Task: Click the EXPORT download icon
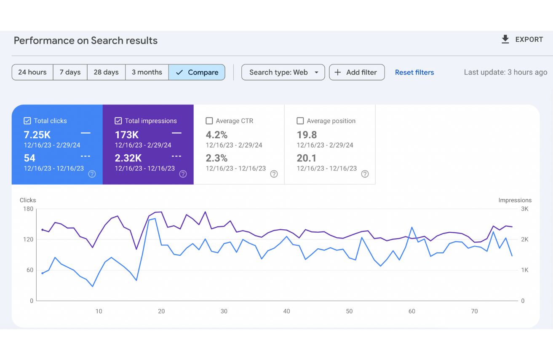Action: [x=505, y=39]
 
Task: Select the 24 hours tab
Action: [x=32, y=72]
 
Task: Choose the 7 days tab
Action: [x=70, y=72]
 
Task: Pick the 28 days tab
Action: [x=106, y=72]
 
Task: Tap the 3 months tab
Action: [x=147, y=72]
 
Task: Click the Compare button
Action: [x=197, y=72]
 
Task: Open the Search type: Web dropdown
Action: [x=283, y=72]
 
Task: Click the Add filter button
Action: [x=357, y=72]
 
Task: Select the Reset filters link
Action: [x=414, y=73]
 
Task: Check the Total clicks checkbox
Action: [x=27, y=121]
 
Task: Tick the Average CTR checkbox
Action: [x=209, y=121]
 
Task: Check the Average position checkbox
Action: [x=300, y=121]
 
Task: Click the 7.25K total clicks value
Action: [x=37, y=135]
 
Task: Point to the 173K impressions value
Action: [x=127, y=135]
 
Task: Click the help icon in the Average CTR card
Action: [x=274, y=174]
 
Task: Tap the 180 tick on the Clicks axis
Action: [x=28, y=209]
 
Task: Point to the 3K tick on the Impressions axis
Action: [x=525, y=209]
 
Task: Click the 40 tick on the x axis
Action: [x=286, y=311]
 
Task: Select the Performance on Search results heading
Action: [x=85, y=40]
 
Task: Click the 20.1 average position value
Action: [x=307, y=158]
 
